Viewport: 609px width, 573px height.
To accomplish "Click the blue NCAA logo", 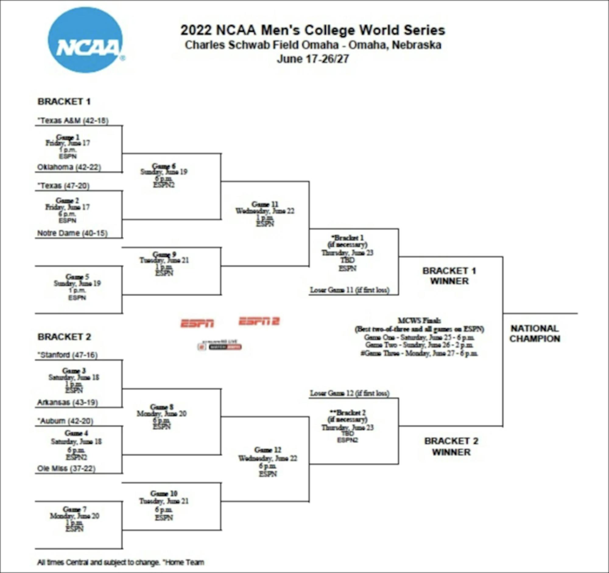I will tap(85, 40).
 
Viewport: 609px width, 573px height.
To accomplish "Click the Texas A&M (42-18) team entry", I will tap(73, 121).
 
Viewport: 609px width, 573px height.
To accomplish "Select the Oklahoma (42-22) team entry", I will tap(69, 167).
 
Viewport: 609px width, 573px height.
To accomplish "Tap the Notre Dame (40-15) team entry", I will tap(72, 233).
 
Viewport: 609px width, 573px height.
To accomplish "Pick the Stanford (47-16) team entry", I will tap(67, 355).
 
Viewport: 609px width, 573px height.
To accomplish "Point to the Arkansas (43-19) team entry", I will tap(67, 403).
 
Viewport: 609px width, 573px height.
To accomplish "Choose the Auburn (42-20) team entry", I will tap(65, 421).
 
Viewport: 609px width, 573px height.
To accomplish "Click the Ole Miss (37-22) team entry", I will tap(66, 469).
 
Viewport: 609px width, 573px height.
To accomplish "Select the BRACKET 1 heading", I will tap(64, 102).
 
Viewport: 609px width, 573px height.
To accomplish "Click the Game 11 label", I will tap(265, 204).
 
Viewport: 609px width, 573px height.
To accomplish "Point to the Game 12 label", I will tap(267, 450).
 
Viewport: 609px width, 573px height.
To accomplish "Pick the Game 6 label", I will tap(164, 166).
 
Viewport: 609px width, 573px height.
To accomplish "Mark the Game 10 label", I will tap(164, 493).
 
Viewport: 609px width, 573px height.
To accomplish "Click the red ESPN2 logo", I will tap(259, 321).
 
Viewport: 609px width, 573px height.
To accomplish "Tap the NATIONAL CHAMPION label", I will tap(535, 334).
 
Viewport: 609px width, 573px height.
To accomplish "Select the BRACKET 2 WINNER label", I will tap(451, 447).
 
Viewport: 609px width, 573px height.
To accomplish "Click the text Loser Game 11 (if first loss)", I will tap(350, 290).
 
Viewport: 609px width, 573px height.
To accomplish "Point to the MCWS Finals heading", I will tap(419, 320).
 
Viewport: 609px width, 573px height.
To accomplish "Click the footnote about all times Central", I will tap(121, 562).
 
